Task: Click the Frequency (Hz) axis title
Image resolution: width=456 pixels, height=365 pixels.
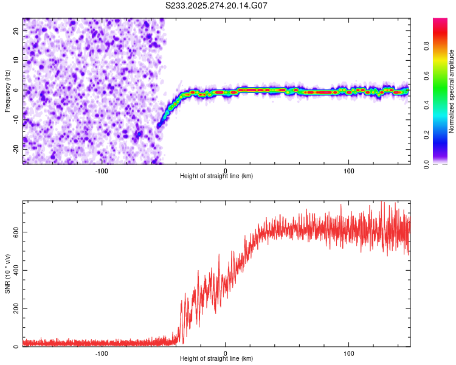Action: point(7,91)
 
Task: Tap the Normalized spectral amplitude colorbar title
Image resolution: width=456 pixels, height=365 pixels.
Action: point(452,91)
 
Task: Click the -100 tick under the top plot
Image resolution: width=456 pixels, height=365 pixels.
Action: point(102,170)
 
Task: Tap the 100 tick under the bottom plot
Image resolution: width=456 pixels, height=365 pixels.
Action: point(349,353)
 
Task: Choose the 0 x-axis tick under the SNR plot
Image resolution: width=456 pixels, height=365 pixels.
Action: point(226,353)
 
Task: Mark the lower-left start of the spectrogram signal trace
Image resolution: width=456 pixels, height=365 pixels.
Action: point(159,126)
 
